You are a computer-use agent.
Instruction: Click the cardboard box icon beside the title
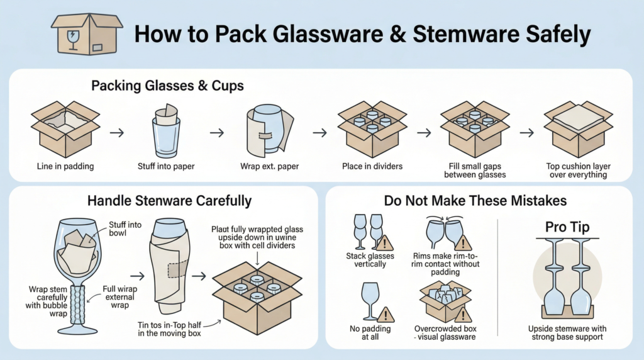[x=87, y=34]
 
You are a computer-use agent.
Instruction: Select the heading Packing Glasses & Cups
[x=167, y=86]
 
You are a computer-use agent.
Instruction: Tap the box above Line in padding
[x=65, y=129]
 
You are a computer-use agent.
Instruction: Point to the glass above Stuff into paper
[x=166, y=131]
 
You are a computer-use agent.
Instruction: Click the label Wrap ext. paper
[x=269, y=166]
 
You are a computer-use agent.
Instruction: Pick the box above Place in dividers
[x=372, y=129]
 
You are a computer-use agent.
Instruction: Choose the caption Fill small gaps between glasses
[x=475, y=171]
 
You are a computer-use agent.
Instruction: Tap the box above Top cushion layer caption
[x=579, y=129]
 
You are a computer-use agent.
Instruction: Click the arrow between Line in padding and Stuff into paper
[x=117, y=133]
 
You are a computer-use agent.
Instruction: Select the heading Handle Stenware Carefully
[x=169, y=201]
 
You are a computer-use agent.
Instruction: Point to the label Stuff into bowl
[x=125, y=229]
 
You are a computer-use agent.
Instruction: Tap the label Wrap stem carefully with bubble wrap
[x=47, y=301]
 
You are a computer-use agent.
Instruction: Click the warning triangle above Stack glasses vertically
[x=384, y=243]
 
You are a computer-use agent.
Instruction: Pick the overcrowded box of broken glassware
[x=445, y=301]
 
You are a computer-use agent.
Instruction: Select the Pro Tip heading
[x=567, y=227]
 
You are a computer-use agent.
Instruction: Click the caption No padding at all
[x=370, y=333]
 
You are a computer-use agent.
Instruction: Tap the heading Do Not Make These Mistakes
[x=475, y=201]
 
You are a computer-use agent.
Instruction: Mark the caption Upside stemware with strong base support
[x=567, y=333]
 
